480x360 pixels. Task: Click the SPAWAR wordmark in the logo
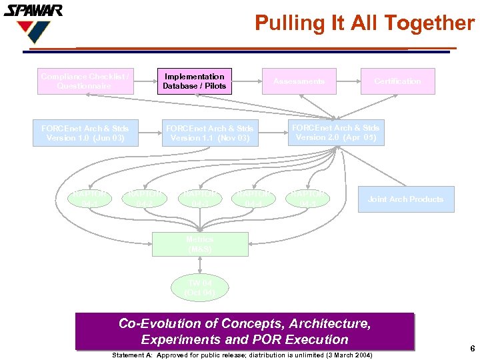pos(33,11)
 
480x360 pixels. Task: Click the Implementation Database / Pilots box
pos(195,81)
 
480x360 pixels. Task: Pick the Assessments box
pos(299,81)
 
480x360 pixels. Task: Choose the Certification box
pos(397,81)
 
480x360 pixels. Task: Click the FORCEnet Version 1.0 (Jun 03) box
pos(85,133)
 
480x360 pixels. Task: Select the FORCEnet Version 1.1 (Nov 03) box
pos(209,133)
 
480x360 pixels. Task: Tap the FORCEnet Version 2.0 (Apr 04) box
pos(335,133)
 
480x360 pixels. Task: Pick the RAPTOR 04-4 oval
pos(253,199)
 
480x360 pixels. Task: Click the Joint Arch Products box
pos(405,199)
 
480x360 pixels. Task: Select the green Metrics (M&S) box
pos(200,244)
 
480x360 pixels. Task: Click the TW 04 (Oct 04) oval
pos(200,288)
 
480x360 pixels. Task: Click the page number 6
pos(472,349)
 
